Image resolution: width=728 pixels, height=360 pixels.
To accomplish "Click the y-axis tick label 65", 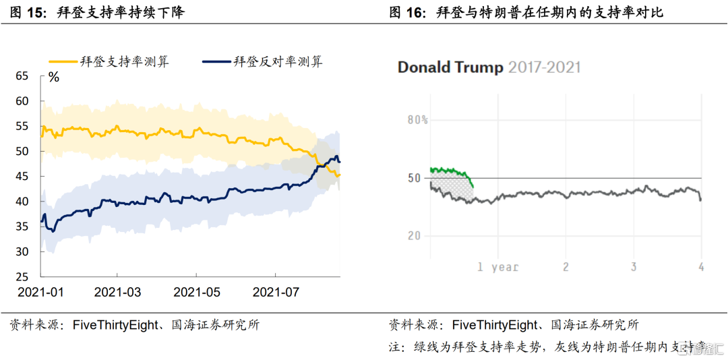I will point(22,76).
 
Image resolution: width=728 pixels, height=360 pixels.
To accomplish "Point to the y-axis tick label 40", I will point(22,202).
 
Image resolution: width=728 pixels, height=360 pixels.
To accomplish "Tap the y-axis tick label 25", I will point(22,277).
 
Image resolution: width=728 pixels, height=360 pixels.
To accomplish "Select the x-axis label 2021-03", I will point(117,293).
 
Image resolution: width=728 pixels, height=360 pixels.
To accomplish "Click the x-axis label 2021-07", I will point(276,293).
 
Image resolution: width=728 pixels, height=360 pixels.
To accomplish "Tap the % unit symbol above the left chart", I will point(54,78).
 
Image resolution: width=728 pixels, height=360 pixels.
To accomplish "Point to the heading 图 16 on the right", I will point(408,13).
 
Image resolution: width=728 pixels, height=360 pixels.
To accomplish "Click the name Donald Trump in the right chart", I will point(450,67).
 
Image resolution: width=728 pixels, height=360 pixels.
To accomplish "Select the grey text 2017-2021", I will point(544,67).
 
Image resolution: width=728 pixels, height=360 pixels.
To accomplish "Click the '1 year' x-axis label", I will point(497,267).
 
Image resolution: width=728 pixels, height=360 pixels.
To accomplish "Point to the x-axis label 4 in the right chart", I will point(701,267).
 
